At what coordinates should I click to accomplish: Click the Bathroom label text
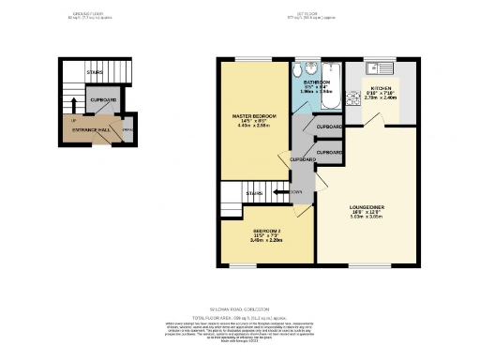316,82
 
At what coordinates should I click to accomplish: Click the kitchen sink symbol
379,67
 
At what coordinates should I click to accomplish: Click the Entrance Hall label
93,129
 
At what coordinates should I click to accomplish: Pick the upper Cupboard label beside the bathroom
329,127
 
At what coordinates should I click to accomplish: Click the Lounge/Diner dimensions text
363,214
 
